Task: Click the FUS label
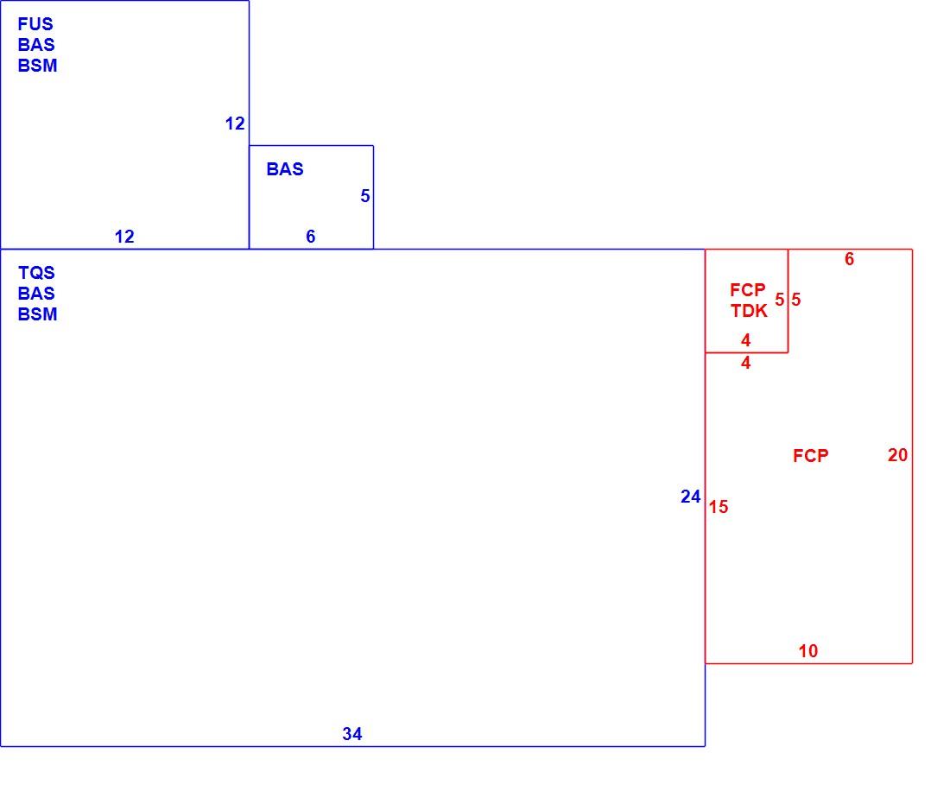pyautogui.click(x=35, y=24)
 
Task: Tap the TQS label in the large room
pyautogui.click(x=36, y=273)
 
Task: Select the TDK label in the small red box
pyautogui.click(x=749, y=311)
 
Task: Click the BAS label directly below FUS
pyautogui.click(x=36, y=45)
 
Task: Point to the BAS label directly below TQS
pyautogui.click(x=36, y=293)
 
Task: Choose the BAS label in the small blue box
pyautogui.click(x=285, y=169)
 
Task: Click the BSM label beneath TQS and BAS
pyautogui.click(x=37, y=314)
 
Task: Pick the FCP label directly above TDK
pyautogui.click(x=748, y=289)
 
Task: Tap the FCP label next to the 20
pyautogui.click(x=811, y=455)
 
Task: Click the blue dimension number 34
pyautogui.click(x=352, y=734)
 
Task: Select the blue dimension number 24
pyautogui.click(x=691, y=497)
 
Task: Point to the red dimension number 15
pyautogui.click(x=719, y=507)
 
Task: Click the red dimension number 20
pyautogui.click(x=898, y=455)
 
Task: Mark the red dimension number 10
pyautogui.click(x=808, y=651)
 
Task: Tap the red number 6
pyautogui.click(x=850, y=259)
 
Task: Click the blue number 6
pyautogui.click(x=311, y=237)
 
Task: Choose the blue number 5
pyautogui.click(x=364, y=196)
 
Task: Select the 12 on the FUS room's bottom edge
pyautogui.click(x=124, y=237)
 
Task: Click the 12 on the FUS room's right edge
pyautogui.click(x=235, y=123)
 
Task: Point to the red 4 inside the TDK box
pyautogui.click(x=746, y=340)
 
